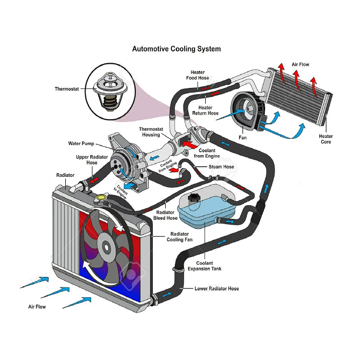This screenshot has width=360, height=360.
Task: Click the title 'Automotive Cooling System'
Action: (x=176, y=49)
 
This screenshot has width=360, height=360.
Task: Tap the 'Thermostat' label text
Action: (x=67, y=89)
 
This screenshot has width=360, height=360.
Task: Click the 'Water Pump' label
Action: (x=81, y=143)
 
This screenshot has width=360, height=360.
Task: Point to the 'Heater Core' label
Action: (x=326, y=139)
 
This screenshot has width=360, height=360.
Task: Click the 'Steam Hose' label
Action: (x=221, y=167)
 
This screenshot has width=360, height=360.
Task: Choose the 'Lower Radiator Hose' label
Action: (x=217, y=289)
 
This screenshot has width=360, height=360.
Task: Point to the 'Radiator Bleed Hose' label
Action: (x=166, y=215)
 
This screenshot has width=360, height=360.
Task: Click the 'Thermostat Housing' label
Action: (x=151, y=132)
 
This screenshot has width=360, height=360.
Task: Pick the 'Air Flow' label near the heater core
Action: (x=300, y=64)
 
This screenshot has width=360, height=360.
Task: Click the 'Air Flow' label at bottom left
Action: (x=37, y=307)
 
